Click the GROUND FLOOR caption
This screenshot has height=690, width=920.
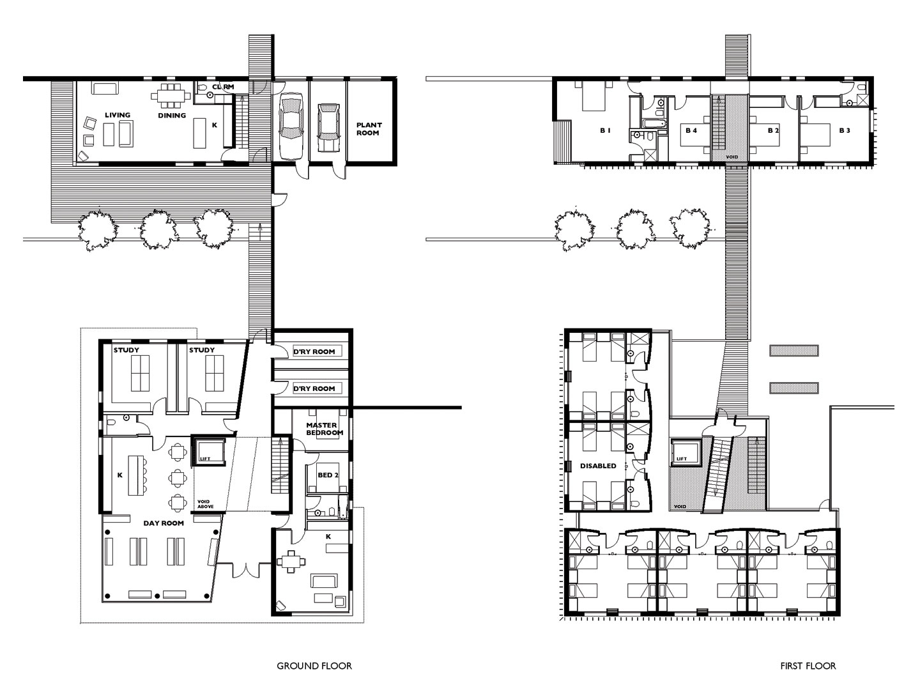tap(314, 666)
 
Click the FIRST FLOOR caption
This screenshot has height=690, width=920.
tap(808, 666)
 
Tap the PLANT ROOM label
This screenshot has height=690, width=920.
tap(369, 128)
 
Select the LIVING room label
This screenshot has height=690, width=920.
tap(118, 115)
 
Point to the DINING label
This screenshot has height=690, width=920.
tap(172, 115)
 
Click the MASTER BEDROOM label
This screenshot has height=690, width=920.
tap(325, 429)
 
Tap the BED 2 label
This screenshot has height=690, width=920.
tap(328, 475)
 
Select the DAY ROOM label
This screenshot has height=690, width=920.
tap(164, 523)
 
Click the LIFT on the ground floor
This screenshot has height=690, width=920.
tap(208, 451)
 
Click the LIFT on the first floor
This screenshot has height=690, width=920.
tap(686, 452)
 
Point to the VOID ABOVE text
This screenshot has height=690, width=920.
tap(205, 504)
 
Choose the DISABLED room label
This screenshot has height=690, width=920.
tap(598, 466)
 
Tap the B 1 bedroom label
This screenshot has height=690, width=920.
tap(605, 130)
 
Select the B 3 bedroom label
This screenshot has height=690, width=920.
tap(845, 130)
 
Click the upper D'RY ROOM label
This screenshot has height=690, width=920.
tap(314, 351)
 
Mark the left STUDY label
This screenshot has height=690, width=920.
tap(126, 350)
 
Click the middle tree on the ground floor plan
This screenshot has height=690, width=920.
tap(158, 231)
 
